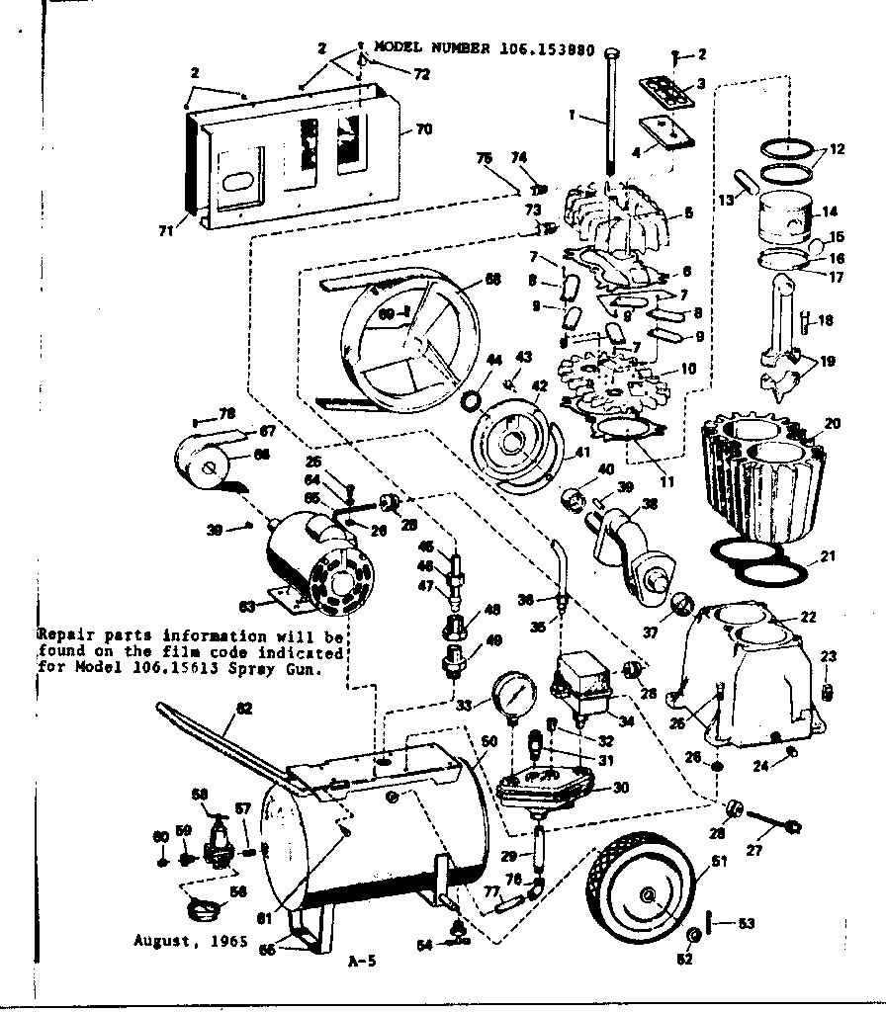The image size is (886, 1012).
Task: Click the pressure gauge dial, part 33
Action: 511,696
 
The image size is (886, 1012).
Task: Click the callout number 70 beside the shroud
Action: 422,129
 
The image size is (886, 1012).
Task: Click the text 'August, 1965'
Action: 179,941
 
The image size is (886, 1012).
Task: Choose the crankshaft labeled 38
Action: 633,548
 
